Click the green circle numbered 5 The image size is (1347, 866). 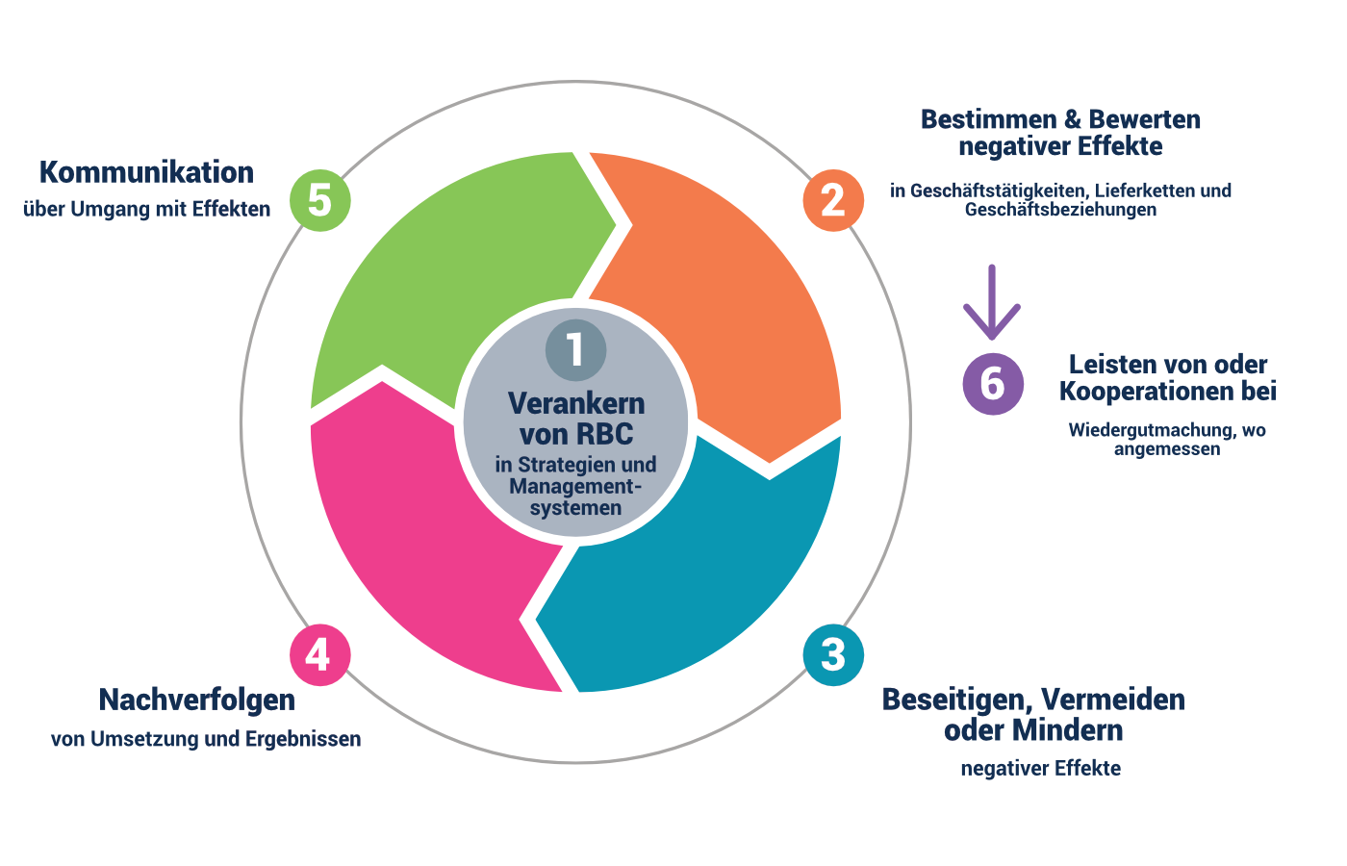click(319, 200)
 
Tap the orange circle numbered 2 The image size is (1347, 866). click(833, 200)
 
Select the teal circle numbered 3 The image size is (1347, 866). click(833, 655)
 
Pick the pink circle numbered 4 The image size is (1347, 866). click(319, 655)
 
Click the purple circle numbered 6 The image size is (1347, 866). click(993, 383)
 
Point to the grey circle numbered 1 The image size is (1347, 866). click(575, 348)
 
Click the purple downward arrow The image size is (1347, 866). click(992, 302)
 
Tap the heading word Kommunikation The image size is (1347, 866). click(146, 172)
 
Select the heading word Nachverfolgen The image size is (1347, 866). click(196, 700)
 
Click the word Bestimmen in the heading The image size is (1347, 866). click(988, 119)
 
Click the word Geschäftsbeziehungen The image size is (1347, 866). click(1060, 210)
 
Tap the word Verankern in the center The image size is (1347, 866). click(575, 403)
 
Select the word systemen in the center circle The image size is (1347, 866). click(575, 508)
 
